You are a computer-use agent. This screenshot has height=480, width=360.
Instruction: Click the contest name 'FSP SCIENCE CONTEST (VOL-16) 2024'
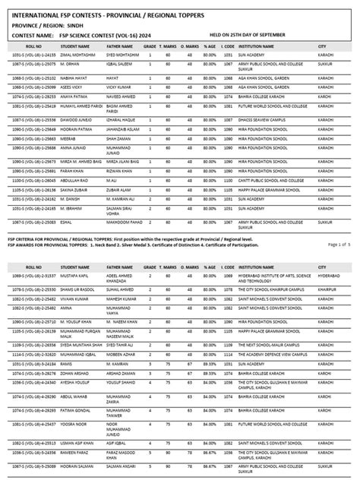pyautogui.click(x=106, y=35)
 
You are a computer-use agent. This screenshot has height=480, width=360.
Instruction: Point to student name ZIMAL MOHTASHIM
pyautogui.click(x=78, y=55)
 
